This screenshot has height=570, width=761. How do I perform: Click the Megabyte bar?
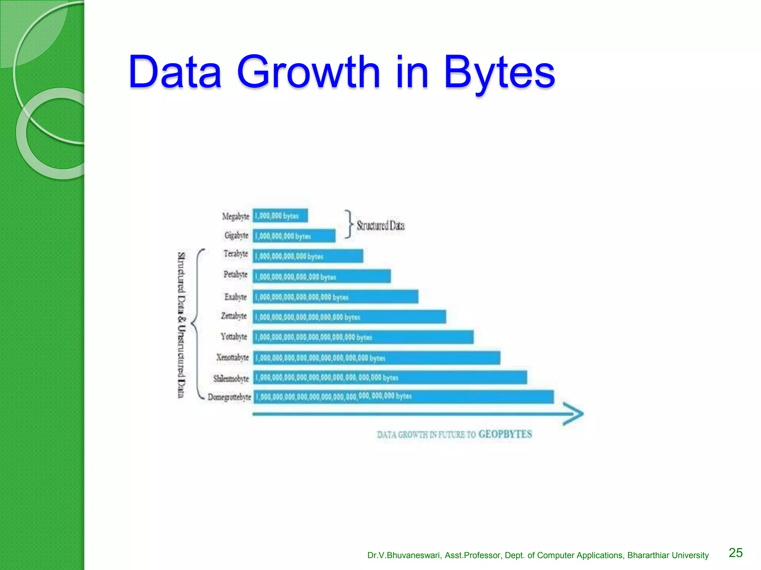coord(280,216)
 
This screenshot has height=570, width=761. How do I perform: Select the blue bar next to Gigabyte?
coord(294,236)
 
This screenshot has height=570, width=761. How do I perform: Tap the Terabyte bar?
coord(308,256)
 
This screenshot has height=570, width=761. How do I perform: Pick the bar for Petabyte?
coord(321,276)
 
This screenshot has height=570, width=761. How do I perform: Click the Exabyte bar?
coord(335,297)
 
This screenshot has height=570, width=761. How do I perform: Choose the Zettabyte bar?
coord(349,317)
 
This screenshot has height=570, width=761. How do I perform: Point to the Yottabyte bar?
coord(363,337)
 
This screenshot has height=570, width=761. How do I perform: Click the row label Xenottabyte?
coord(233,357)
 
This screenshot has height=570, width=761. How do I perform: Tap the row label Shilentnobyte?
coord(231,379)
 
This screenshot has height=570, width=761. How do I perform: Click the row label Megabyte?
coord(236,216)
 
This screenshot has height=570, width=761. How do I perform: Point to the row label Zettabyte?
coord(234,316)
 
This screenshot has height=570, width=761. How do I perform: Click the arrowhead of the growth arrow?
coord(574,414)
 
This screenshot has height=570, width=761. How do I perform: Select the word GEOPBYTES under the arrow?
coord(505,434)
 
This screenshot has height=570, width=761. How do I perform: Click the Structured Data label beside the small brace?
coord(380,226)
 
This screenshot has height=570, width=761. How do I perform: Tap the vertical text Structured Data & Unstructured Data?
coord(181,325)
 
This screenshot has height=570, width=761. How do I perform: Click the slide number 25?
coord(735,553)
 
